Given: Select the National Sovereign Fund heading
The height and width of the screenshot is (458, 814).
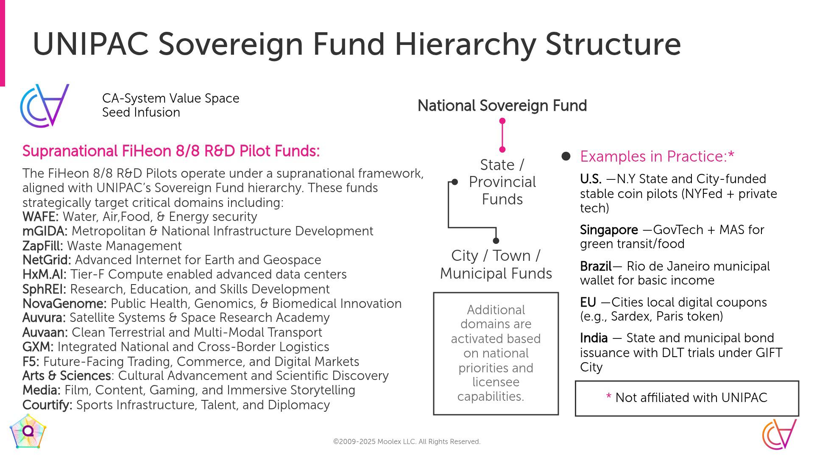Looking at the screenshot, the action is pyautogui.click(x=502, y=106).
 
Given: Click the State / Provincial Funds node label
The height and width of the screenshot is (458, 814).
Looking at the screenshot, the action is pyautogui.click(x=502, y=182).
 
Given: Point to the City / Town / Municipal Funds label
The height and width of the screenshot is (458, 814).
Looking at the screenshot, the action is pyautogui.click(x=496, y=265).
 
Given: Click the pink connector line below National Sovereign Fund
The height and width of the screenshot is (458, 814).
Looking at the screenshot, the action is pyautogui.click(x=502, y=135).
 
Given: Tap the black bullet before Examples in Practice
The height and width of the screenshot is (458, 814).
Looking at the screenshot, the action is pyautogui.click(x=566, y=156).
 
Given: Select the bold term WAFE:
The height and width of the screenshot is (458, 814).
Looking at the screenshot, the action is pyautogui.click(x=40, y=217).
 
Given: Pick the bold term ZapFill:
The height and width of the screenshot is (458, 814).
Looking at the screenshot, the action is pyautogui.click(x=43, y=246).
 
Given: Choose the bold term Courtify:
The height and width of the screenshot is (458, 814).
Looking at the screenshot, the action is pyautogui.click(x=47, y=405).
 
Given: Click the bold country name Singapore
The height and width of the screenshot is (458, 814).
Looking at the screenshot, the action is pyautogui.click(x=609, y=230).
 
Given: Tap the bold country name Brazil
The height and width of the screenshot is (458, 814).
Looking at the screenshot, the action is pyautogui.click(x=596, y=266).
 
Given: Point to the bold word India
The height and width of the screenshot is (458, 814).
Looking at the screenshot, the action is pyautogui.click(x=594, y=338).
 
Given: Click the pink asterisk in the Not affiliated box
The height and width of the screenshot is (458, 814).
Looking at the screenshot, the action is pyautogui.click(x=609, y=397).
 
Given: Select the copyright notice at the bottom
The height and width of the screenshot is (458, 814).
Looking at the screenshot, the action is pyautogui.click(x=407, y=441).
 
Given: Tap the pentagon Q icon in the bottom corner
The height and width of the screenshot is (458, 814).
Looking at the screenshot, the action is pyautogui.click(x=28, y=432).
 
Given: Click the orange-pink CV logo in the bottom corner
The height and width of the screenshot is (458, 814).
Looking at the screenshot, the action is pyautogui.click(x=780, y=434).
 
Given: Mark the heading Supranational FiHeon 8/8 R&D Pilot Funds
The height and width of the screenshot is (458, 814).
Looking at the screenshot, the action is pyautogui.click(x=171, y=151).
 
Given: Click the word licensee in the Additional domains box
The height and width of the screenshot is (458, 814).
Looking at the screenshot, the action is pyautogui.click(x=496, y=382).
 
